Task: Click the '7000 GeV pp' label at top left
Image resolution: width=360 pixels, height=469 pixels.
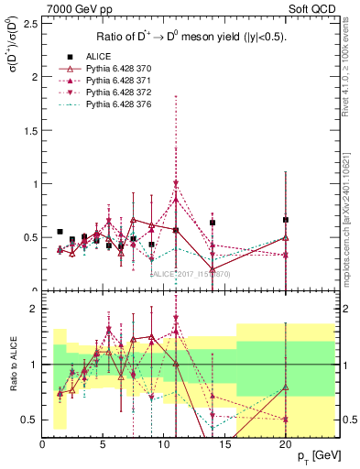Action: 74,10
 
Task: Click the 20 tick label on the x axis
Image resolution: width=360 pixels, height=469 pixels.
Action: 285,443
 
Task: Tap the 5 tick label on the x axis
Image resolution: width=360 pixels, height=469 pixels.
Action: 103,443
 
